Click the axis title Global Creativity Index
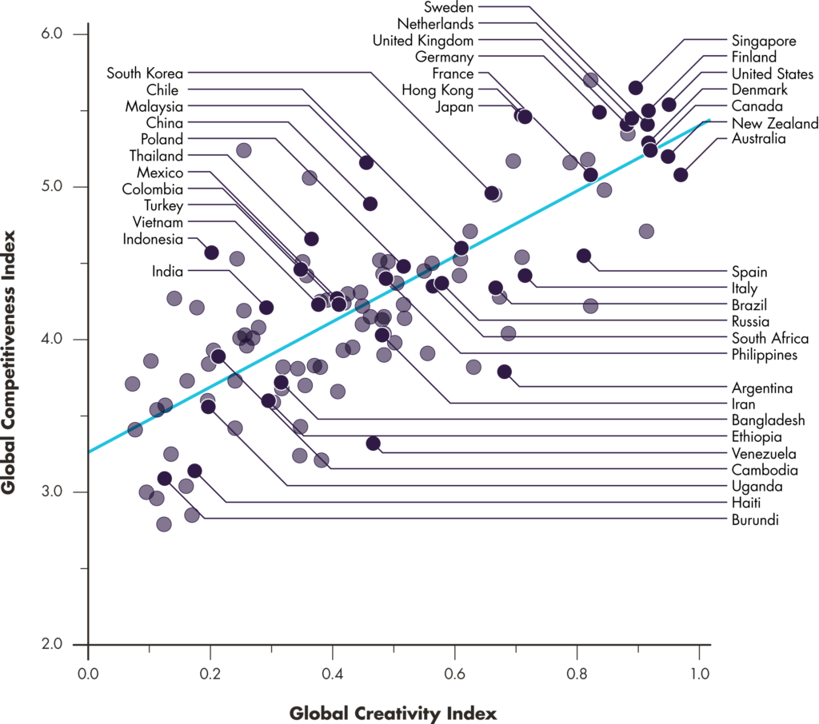[394, 712]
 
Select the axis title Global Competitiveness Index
[10, 362]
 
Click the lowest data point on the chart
[164, 524]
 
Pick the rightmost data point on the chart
[681, 175]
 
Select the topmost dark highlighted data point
[636, 88]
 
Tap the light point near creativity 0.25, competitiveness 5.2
[244, 150]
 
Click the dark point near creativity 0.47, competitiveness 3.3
[374, 444]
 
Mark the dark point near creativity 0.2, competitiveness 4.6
[211, 253]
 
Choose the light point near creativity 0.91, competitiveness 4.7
[646, 232]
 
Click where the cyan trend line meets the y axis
[89, 452]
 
